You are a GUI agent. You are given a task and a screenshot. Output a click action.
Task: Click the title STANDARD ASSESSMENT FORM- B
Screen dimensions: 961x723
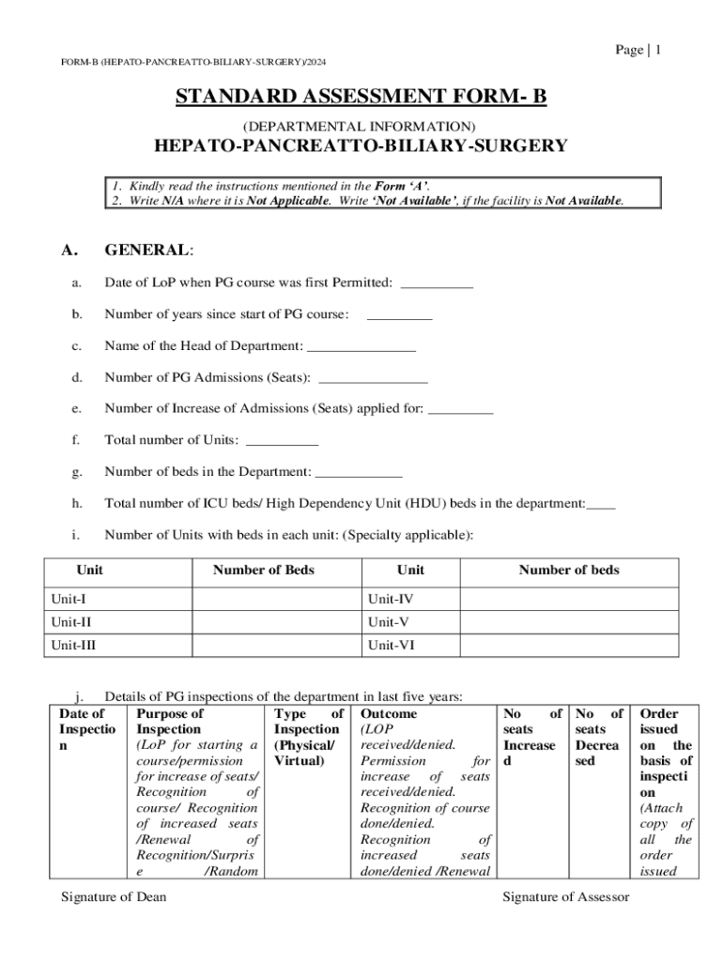click(x=361, y=97)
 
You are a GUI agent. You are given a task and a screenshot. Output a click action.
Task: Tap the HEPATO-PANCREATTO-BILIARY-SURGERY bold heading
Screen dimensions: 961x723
click(x=361, y=145)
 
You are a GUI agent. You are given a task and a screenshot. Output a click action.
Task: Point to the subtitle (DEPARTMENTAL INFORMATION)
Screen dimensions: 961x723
click(x=361, y=126)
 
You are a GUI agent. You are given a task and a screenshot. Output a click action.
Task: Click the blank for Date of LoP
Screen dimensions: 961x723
click(x=437, y=283)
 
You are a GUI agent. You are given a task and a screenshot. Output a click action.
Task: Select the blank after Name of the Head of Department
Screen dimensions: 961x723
click(x=361, y=347)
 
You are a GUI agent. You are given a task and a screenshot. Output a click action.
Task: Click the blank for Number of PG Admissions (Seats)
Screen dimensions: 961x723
click(x=374, y=379)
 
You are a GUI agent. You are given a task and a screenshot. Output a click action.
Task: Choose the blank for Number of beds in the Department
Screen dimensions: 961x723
click(x=359, y=473)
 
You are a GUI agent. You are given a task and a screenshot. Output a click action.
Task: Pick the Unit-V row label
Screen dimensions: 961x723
click(x=389, y=622)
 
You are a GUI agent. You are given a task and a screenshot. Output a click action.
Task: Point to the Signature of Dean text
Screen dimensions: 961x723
click(x=114, y=897)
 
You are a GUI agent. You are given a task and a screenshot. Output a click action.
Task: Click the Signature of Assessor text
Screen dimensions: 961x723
click(x=566, y=897)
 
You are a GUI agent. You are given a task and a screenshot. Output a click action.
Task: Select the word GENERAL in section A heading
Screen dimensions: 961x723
click(x=146, y=251)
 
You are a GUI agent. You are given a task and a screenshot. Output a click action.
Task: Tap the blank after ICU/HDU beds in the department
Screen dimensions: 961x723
click(x=601, y=505)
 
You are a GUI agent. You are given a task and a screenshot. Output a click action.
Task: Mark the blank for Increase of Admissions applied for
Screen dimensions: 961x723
click(x=461, y=409)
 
